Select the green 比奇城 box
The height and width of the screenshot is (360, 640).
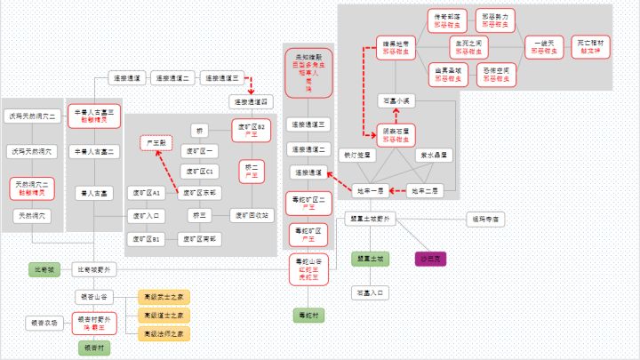coord(44,268)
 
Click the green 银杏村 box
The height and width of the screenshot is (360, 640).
coord(94,348)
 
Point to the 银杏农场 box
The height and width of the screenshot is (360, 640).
coord(44,323)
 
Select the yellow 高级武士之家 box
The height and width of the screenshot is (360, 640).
coord(163,297)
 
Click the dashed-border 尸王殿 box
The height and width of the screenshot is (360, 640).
coord(156,143)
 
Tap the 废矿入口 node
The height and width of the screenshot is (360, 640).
coord(145,215)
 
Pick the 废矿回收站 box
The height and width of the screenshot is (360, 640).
coord(251,215)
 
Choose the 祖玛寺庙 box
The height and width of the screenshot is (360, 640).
coord(485,218)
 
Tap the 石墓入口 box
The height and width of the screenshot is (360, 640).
coord(369,291)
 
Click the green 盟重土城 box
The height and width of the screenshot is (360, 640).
coord(369,259)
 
